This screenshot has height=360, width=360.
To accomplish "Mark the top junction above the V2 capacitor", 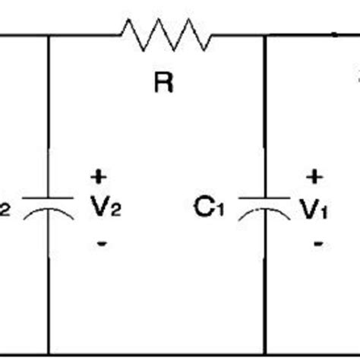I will (x=49, y=36).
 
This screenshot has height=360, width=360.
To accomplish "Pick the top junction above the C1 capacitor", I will (x=265, y=36).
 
